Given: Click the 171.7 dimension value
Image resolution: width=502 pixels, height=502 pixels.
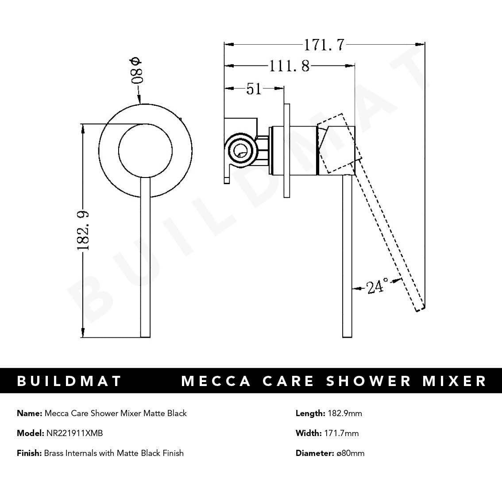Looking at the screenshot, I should click(x=324, y=45).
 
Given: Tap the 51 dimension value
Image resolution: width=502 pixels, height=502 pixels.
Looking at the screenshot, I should click(x=254, y=89).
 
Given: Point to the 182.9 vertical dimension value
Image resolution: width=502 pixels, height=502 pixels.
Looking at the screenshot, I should click(x=84, y=230).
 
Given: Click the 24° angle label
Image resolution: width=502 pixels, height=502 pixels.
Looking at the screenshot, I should click(x=377, y=287).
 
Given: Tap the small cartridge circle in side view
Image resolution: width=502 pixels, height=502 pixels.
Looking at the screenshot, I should click(x=239, y=151).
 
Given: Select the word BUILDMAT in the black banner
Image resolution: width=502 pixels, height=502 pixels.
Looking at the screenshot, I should click(x=69, y=381).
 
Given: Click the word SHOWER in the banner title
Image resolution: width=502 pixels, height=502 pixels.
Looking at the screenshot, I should click(x=369, y=381).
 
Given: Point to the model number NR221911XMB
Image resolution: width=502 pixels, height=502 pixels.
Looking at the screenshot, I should click(x=74, y=433).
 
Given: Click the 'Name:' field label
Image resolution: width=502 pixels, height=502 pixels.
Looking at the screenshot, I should click(x=29, y=413).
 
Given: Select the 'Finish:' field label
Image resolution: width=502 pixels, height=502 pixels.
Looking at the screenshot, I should click(x=29, y=453).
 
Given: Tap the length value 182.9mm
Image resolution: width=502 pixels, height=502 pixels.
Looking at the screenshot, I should click(x=344, y=413).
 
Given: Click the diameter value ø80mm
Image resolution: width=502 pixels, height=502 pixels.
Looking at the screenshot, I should click(x=350, y=453).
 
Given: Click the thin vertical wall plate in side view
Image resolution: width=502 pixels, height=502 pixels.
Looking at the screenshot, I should click(x=286, y=151).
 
